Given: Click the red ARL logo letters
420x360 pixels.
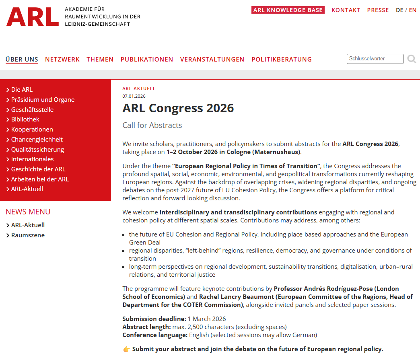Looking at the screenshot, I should point(33,17).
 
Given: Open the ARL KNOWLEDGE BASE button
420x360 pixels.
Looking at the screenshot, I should point(288,10).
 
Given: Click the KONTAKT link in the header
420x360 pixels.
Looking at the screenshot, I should point(346,10).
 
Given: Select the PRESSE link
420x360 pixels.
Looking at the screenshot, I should point(378,10).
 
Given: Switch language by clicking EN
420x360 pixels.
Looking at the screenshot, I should point(413,10).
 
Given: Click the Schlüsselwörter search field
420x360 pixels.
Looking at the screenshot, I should point(375,59).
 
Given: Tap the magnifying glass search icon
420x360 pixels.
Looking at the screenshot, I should point(412,59).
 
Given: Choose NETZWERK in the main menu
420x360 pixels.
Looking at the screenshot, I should point(62,60).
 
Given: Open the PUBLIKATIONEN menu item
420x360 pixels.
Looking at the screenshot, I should point(147,60).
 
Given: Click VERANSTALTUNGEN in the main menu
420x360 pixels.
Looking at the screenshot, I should point(212,60).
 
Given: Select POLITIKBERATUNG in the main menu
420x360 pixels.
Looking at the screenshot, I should point(282,60).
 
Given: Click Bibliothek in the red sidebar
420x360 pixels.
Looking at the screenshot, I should point(25,119).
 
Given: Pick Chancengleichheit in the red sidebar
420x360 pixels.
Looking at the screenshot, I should point(37,140).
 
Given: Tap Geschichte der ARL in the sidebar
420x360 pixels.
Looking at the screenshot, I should point(38,169).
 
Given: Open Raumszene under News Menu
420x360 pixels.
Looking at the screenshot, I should point(28,235).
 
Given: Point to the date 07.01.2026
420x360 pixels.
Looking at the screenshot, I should point(134,96).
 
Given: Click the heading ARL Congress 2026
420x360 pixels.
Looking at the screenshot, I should point(178,108).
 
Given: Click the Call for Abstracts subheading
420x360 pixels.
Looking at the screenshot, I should point(152,125).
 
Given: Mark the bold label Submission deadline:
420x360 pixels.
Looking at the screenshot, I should point(154,319).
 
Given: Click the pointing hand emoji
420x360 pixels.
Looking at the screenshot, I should point(126,349).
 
